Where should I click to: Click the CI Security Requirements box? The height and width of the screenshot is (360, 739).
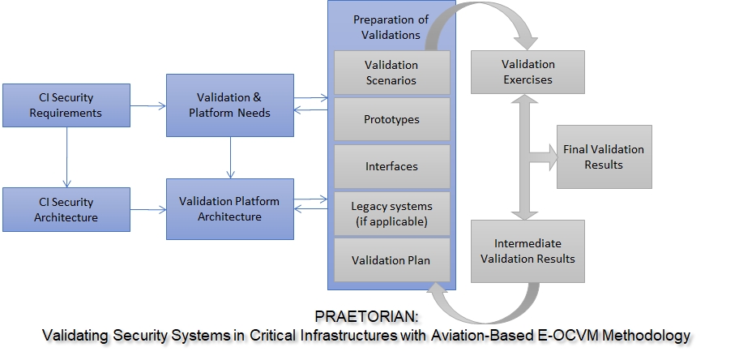click(x=66, y=105)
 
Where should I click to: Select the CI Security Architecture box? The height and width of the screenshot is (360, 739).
click(x=66, y=209)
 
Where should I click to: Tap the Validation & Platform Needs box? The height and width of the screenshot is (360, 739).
click(x=230, y=105)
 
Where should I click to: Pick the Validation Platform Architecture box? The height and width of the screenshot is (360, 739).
click(x=230, y=209)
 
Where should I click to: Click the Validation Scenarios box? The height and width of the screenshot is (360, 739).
click(x=391, y=72)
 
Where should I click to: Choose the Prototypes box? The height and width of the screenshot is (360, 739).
click(x=391, y=119)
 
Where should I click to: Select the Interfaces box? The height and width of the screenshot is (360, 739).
click(x=391, y=166)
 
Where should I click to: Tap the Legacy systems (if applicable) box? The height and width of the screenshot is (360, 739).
click(x=391, y=213)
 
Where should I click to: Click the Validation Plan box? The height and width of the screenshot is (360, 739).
click(x=391, y=260)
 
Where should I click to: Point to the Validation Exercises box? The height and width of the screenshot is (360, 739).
click(x=527, y=72)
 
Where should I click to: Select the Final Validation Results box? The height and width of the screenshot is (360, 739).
click(x=604, y=156)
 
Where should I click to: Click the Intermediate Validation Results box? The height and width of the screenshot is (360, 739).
click(x=527, y=251)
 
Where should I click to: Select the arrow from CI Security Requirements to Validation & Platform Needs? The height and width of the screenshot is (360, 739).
click(x=147, y=105)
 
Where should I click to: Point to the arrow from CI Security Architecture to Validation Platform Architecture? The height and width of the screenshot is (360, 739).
click(x=147, y=210)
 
